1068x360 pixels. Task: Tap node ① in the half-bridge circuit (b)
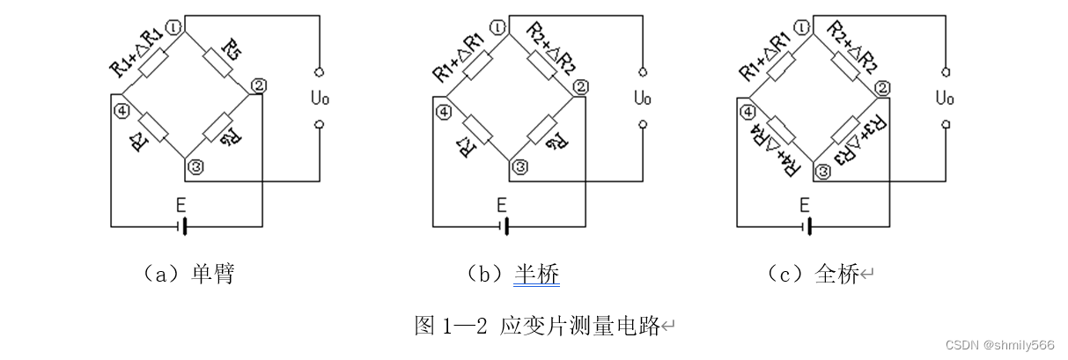pyautogui.click(x=499, y=27)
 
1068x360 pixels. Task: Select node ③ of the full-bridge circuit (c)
pyautogui.click(x=823, y=173)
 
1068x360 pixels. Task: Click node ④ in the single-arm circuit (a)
pyautogui.click(x=122, y=112)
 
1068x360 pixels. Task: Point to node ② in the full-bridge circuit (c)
pyautogui.click(x=882, y=86)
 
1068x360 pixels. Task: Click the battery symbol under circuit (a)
pyautogui.click(x=183, y=226)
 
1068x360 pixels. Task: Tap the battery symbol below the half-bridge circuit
pyautogui.click(x=505, y=226)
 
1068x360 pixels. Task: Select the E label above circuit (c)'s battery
pyautogui.click(x=803, y=205)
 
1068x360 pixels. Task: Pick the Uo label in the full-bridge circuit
pyautogui.click(x=946, y=97)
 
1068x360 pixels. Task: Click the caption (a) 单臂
pyautogui.click(x=188, y=275)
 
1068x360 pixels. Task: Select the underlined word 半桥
pyautogui.click(x=536, y=275)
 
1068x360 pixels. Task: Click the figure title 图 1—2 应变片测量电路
pyautogui.click(x=537, y=326)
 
